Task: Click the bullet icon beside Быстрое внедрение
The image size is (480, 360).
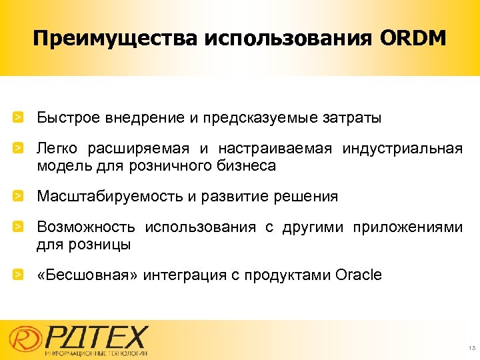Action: click(21, 118)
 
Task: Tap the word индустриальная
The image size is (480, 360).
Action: click(403, 149)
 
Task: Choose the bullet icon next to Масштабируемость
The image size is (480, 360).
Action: click(21, 197)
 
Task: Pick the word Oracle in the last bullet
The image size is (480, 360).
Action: click(359, 275)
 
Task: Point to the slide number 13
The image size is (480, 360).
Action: click(471, 348)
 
